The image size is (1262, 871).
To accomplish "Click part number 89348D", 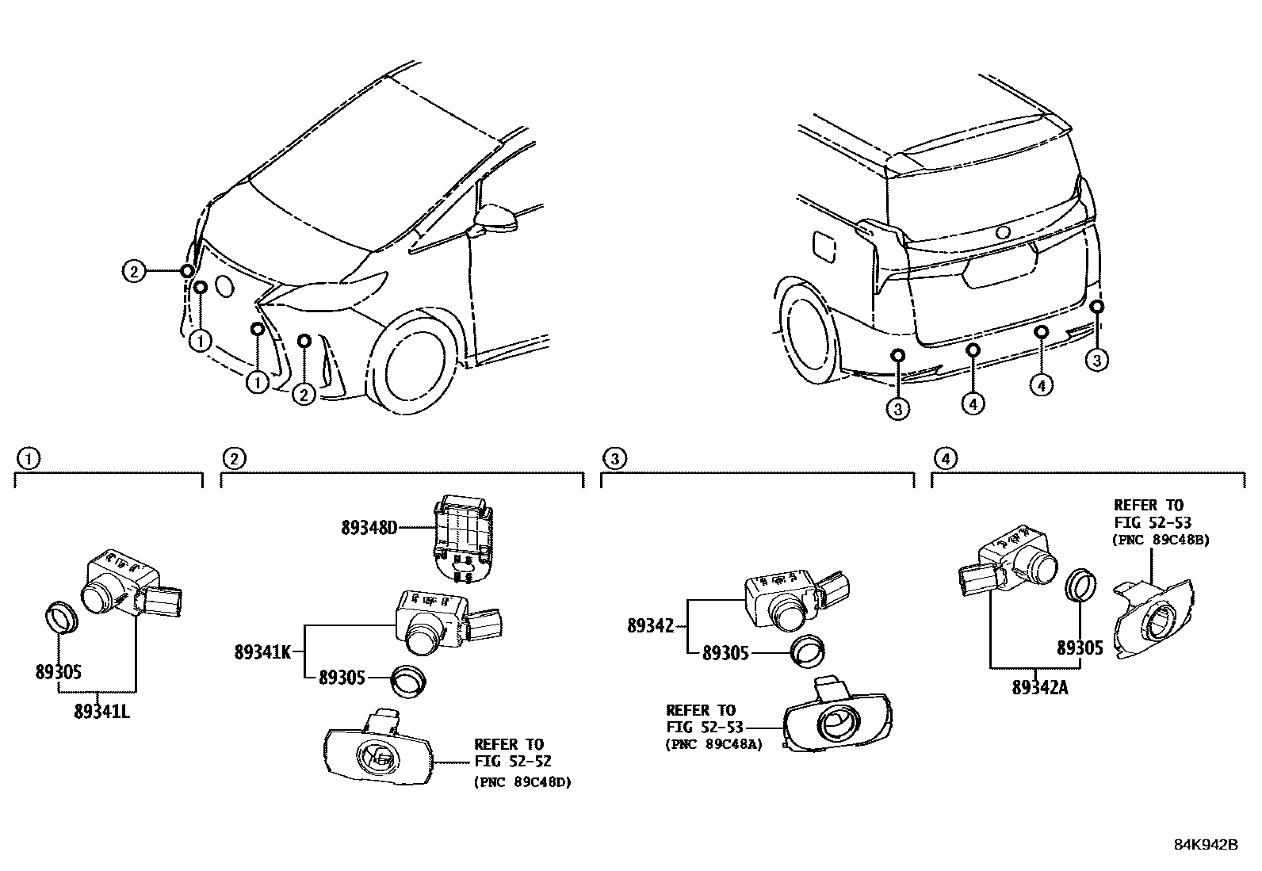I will [369, 527].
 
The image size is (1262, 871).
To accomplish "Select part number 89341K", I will [262, 652].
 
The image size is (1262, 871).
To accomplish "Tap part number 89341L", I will [101, 711].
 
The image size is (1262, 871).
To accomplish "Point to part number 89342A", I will [1039, 687].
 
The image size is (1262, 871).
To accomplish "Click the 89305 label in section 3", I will [725, 653].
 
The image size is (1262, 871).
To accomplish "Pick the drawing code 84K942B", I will [1205, 844].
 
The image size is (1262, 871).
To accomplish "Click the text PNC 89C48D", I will [523, 781].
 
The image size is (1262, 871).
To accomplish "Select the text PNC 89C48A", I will [713, 744].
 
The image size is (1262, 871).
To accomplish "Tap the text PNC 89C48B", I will [1161, 540].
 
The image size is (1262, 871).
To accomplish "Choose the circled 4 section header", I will [943, 457].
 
